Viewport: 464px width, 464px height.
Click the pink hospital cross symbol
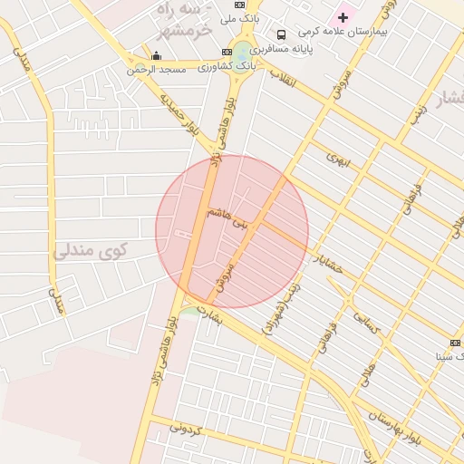click(343, 17)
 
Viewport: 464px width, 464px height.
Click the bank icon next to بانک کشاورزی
click(227, 52)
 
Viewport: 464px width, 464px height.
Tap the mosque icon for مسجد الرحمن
click(156, 56)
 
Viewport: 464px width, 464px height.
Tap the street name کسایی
click(374, 326)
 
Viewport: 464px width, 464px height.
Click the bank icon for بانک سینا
click(455, 343)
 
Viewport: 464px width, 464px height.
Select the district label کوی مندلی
click(91, 249)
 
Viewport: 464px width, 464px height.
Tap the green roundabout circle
click(242, 52)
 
